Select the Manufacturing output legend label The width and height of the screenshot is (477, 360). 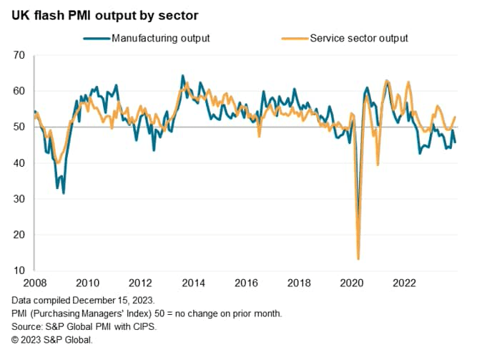point(160,38)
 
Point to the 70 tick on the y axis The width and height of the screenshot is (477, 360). point(19,55)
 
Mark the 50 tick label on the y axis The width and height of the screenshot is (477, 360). point(19,127)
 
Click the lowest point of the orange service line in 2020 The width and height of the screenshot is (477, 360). point(358,258)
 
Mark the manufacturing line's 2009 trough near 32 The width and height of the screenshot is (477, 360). point(64,193)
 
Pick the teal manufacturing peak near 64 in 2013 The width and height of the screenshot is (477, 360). point(182,76)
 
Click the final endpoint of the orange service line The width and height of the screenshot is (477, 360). point(455,117)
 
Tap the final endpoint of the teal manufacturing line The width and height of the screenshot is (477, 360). point(455,142)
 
